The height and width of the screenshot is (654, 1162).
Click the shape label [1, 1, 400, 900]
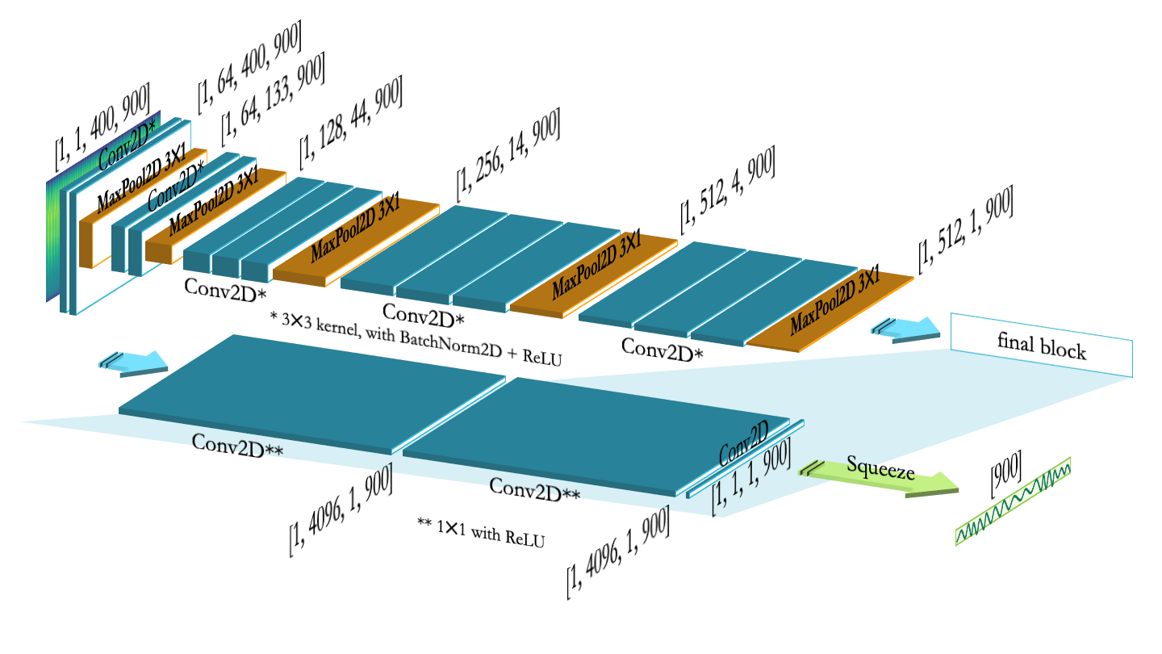(102, 126)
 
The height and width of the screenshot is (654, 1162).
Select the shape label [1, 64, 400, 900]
(249, 66)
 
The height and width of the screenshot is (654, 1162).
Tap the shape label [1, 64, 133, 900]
(273, 99)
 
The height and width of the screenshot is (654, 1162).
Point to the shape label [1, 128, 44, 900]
(351, 123)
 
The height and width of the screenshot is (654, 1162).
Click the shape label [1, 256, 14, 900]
(508, 155)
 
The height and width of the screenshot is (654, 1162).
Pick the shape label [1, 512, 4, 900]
(728, 190)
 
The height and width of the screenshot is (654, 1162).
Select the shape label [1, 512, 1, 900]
(965, 229)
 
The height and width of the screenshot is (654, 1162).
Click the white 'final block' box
(1042, 345)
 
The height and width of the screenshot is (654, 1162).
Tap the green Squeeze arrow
(880, 477)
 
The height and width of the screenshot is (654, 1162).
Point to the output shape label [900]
(1005, 474)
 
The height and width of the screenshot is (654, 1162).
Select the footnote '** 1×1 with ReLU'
(481, 533)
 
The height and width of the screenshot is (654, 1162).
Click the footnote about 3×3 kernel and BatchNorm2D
(416, 338)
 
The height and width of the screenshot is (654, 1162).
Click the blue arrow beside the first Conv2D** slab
(133, 363)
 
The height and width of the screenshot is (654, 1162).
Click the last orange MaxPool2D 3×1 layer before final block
(830, 310)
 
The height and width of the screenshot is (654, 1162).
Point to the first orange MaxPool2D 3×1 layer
(143, 208)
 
